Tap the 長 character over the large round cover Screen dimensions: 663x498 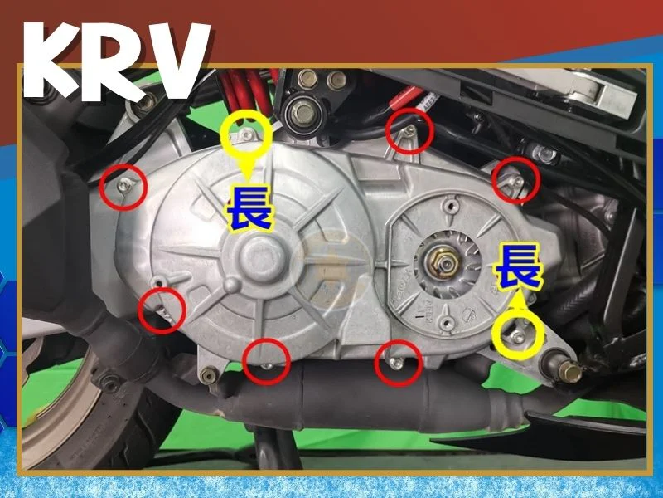coord(249,209)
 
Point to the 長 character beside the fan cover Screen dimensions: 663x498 coord(518,266)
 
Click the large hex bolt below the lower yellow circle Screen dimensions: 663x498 coord(566,369)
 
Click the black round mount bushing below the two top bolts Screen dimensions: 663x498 coord(303,113)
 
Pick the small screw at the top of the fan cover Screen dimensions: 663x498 coord(451,206)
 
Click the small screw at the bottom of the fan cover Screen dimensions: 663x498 coord(446,323)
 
